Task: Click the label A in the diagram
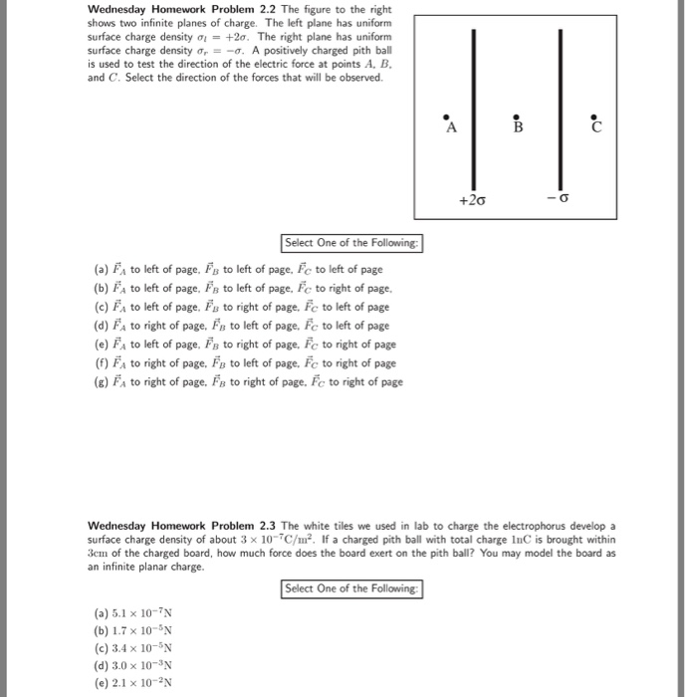(451, 128)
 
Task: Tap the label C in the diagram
(595, 127)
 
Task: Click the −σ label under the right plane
(559, 200)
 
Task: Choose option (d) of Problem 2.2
(243, 325)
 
